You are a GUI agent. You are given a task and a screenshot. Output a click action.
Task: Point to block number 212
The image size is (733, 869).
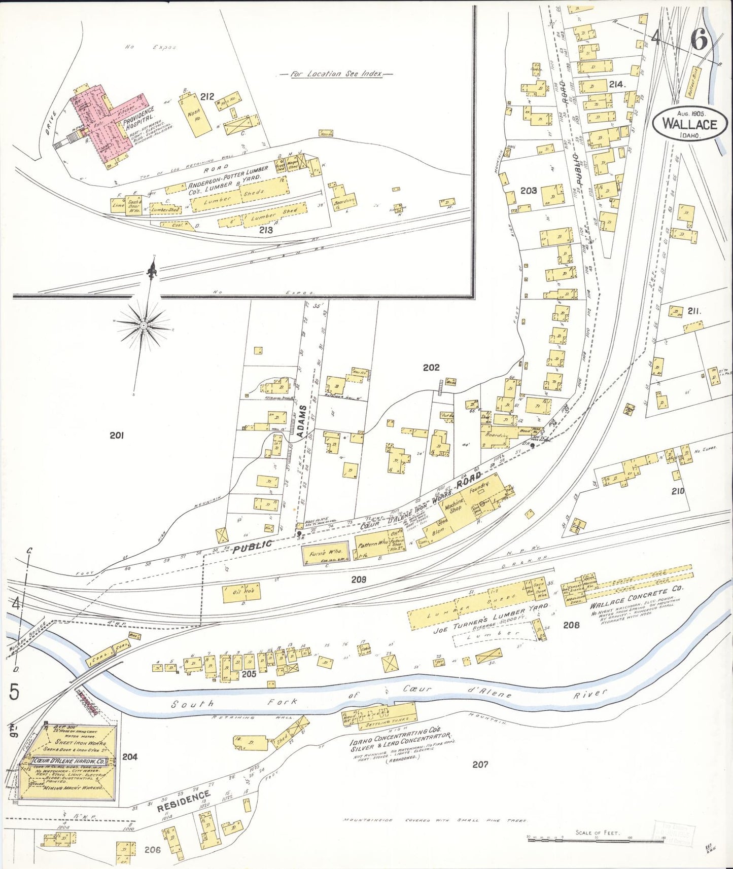pos(207,96)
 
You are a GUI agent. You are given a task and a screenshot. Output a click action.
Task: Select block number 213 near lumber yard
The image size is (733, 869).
pos(266,230)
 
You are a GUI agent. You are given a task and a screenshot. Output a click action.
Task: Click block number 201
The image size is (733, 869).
pos(117,434)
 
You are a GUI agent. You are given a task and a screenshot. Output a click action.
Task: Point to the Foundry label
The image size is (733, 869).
pos(479,489)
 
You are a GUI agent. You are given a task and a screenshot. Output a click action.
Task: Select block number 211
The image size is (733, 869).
pos(694,311)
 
